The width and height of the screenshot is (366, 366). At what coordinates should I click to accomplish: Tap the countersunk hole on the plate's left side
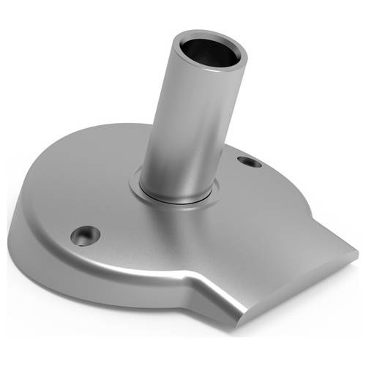click(85, 235)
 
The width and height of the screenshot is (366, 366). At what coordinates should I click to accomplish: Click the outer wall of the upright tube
click(187, 124)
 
